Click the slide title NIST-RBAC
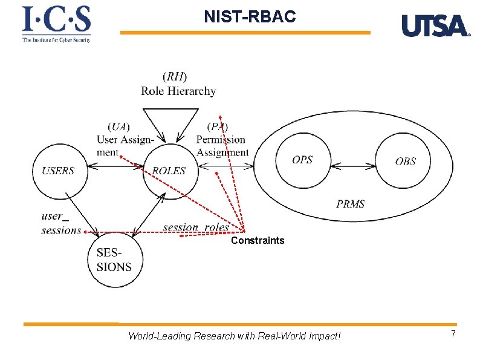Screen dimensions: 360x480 (250, 17)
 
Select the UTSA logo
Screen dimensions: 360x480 (435, 26)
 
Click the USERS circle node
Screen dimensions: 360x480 (59, 171)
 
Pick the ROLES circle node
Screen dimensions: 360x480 (169, 171)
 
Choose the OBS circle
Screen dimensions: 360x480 (405, 161)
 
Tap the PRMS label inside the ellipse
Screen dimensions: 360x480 (351, 204)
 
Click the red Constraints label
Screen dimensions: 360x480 (258, 241)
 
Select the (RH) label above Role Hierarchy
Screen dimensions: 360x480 (175, 77)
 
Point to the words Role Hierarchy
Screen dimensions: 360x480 (178, 91)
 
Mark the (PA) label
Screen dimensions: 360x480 (218, 126)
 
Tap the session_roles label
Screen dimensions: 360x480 (196, 227)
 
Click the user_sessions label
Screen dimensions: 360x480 (60, 223)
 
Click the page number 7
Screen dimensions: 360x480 (453, 335)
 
